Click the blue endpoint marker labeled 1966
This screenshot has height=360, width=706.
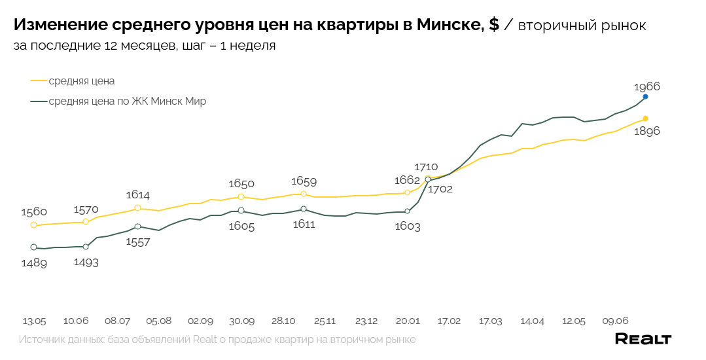pyautogui.click(x=645, y=97)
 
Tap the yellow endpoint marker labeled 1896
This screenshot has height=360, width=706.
pyautogui.click(x=645, y=118)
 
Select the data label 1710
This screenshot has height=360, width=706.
pyautogui.click(x=426, y=167)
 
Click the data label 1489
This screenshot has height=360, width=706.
pyautogui.click(x=34, y=262)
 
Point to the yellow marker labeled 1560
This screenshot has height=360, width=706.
pyautogui.click(x=34, y=225)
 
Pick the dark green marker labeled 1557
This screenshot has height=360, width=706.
pyautogui.click(x=137, y=226)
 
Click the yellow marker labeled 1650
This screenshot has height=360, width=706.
pyautogui.click(x=241, y=197)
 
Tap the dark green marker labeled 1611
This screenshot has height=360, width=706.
pyautogui.click(x=304, y=209)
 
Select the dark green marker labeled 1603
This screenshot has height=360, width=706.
pyautogui.click(x=407, y=211)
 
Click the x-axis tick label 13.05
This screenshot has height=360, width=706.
pyautogui.click(x=34, y=321)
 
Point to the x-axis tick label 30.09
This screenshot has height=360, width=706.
pyautogui.click(x=241, y=321)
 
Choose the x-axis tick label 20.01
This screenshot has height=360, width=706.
pyautogui.click(x=408, y=321)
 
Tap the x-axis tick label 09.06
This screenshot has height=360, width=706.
pyautogui.click(x=615, y=321)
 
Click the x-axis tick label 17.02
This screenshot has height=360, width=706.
pyautogui.click(x=449, y=321)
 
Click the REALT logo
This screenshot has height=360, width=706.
pyautogui.click(x=643, y=339)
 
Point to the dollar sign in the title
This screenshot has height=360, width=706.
pyautogui.click(x=494, y=26)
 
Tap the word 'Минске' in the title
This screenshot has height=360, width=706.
pyautogui.click(x=449, y=26)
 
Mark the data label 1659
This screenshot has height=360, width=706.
pyautogui.click(x=304, y=181)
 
